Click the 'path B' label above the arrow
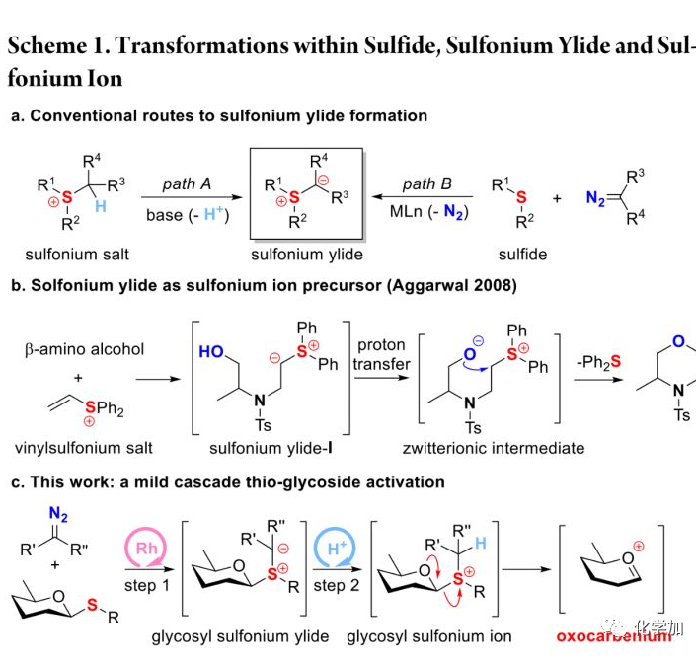pyautogui.click(x=426, y=183)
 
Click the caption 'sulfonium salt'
pyautogui.click(x=76, y=254)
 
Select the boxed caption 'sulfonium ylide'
pyautogui.click(x=306, y=254)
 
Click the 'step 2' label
pyautogui.click(x=331, y=585)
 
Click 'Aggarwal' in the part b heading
pyautogui.click(x=439, y=286)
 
